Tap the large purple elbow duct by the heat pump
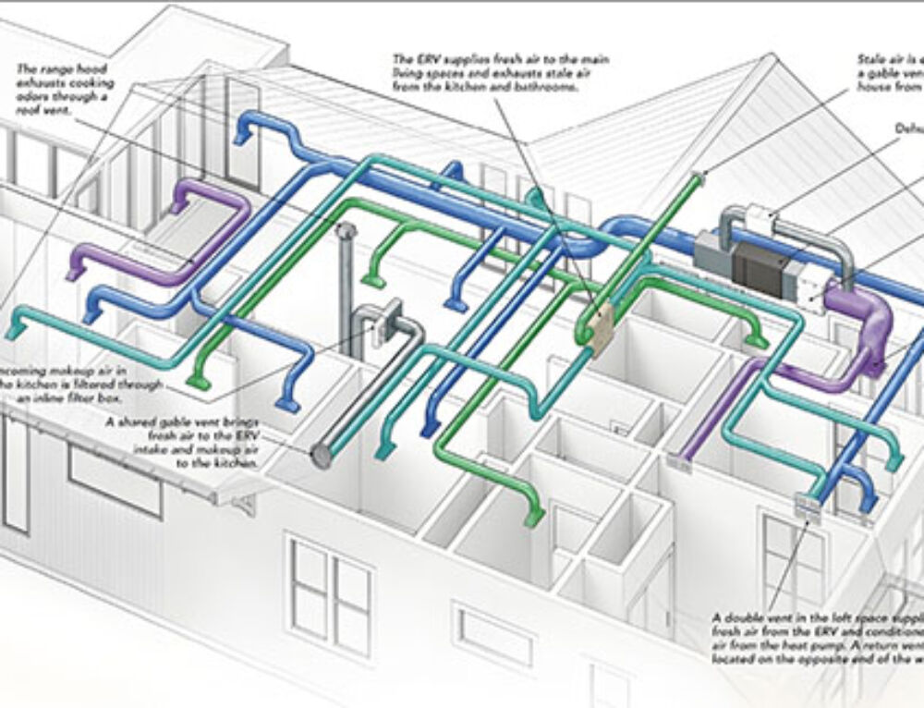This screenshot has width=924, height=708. pos(865,323)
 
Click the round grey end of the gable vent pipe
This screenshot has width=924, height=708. pos(321,454)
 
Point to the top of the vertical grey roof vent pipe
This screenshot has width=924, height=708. pos(347,230)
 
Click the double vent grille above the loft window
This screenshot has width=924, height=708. pos(806,505)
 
